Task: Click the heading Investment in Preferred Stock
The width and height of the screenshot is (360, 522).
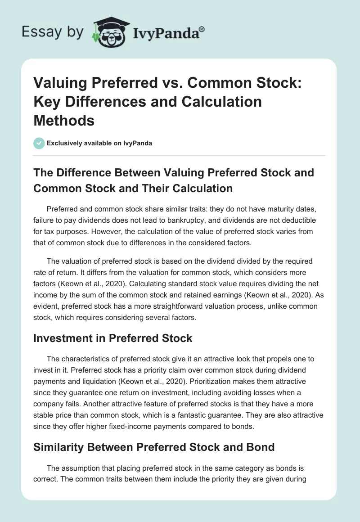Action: [112, 338]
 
